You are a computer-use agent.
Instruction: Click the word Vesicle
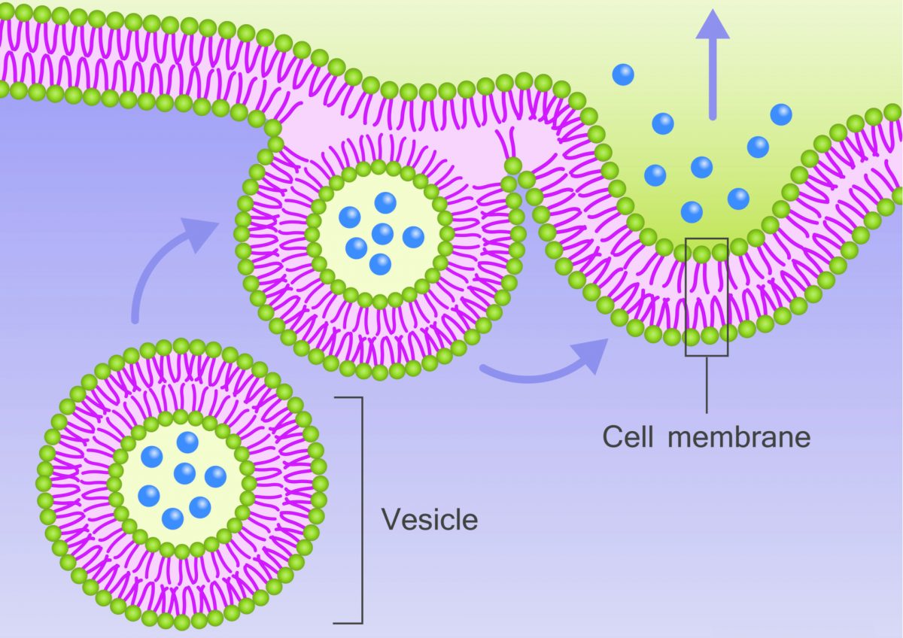coord(429,519)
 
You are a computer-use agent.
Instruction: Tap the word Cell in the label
coord(627,436)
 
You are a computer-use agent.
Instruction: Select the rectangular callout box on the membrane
coord(707,296)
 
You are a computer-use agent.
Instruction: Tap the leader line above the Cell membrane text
coord(707,384)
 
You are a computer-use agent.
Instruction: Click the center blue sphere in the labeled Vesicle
coord(185,473)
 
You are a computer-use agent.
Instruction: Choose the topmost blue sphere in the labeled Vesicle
coord(187,442)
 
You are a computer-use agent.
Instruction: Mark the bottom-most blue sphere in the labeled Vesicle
coord(173,518)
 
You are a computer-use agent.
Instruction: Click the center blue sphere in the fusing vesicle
coord(382,233)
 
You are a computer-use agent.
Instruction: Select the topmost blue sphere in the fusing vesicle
coord(385,202)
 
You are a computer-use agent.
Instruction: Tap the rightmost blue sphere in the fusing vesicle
coord(413,237)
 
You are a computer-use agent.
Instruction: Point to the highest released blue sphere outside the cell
coord(623,74)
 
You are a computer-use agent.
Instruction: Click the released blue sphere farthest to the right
coord(781,114)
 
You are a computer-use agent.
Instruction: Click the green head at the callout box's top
coord(701,254)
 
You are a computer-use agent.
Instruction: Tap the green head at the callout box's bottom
coord(709,335)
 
